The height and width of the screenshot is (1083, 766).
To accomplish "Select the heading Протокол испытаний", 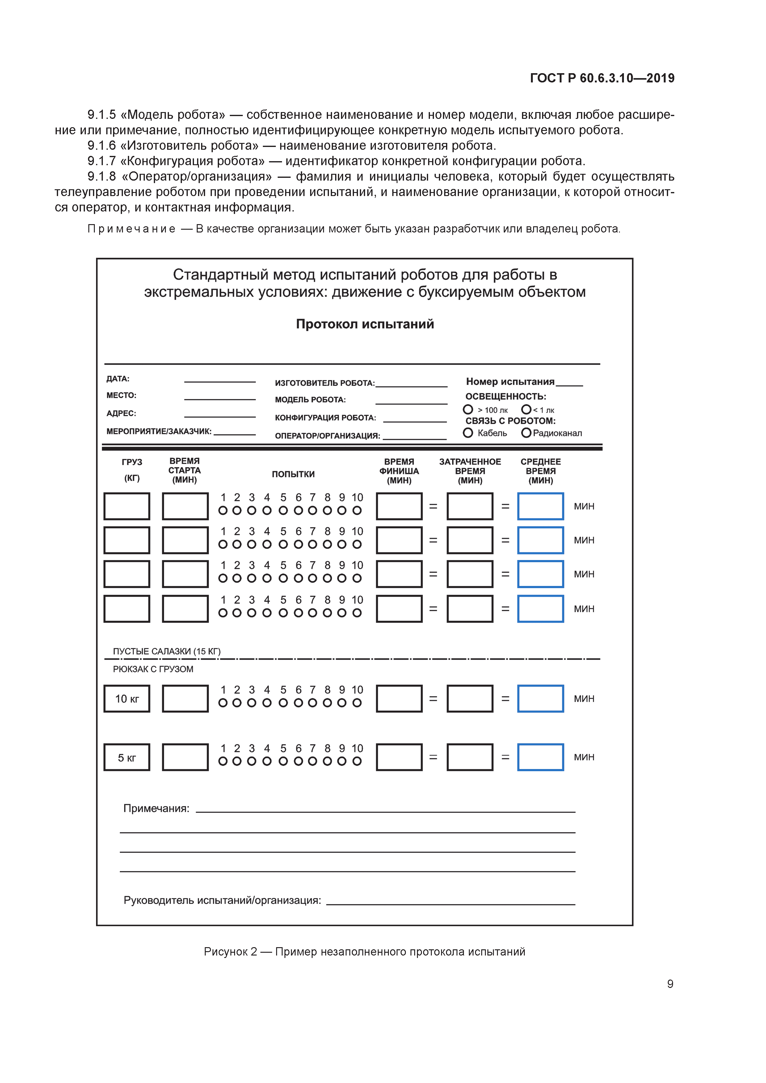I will [x=365, y=324].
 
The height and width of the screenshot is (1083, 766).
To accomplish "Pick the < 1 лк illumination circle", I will [x=526, y=409].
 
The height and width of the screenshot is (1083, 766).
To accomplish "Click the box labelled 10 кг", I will [x=127, y=699].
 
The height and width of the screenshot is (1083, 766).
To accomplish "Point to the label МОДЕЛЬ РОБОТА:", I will [x=310, y=399].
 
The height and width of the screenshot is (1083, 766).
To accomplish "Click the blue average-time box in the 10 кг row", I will [x=541, y=699].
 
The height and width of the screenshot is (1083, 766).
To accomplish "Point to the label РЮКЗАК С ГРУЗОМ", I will [x=153, y=669].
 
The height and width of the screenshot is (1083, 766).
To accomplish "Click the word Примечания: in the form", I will [x=156, y=809].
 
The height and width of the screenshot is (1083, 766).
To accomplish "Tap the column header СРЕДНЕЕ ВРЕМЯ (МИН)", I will [x=541, y=471].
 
